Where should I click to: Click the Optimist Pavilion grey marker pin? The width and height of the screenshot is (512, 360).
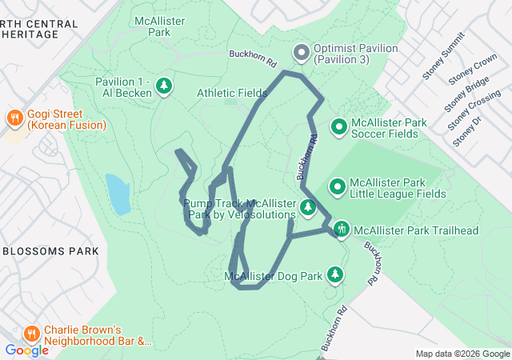pyautogui.click(x=302, y=54)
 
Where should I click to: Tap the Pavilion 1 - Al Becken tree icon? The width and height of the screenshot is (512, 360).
pyautogui.click(x=164, y=86)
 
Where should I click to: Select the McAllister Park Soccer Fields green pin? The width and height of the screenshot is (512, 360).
pyautogui.click(x=338, y=127)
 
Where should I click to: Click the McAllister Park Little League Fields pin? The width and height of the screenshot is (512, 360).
pyautogui.click(x=338, y=187)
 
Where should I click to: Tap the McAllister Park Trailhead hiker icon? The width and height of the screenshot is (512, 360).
pyautogui.click(x=341, y=230)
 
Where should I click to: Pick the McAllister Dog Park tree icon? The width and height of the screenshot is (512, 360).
pyautogui.click(x=335, y=276)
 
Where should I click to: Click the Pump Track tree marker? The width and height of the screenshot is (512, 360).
pyautogui.click(x=308, y=210)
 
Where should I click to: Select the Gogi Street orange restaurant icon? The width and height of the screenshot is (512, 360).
pyautogui.click(x=14, y=119)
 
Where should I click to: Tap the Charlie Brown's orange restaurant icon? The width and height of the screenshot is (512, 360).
pyautogui.click(x=31, y=334)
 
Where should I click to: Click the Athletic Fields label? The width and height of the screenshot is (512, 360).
pyautogui.click(x=232, y=94)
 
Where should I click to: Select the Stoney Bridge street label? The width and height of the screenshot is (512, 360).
pyautogui.click(x=466, y=95)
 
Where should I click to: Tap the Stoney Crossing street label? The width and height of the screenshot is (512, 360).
pyautogui.click(x=474, y=111)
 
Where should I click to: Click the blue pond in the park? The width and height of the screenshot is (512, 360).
pyautogui.click(x=118, y=194)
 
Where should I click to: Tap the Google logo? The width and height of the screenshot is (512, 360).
pyautogui.click(x=26, y=350)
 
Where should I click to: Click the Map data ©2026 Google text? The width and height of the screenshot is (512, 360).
pyautogui.click(x=462, y=354)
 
